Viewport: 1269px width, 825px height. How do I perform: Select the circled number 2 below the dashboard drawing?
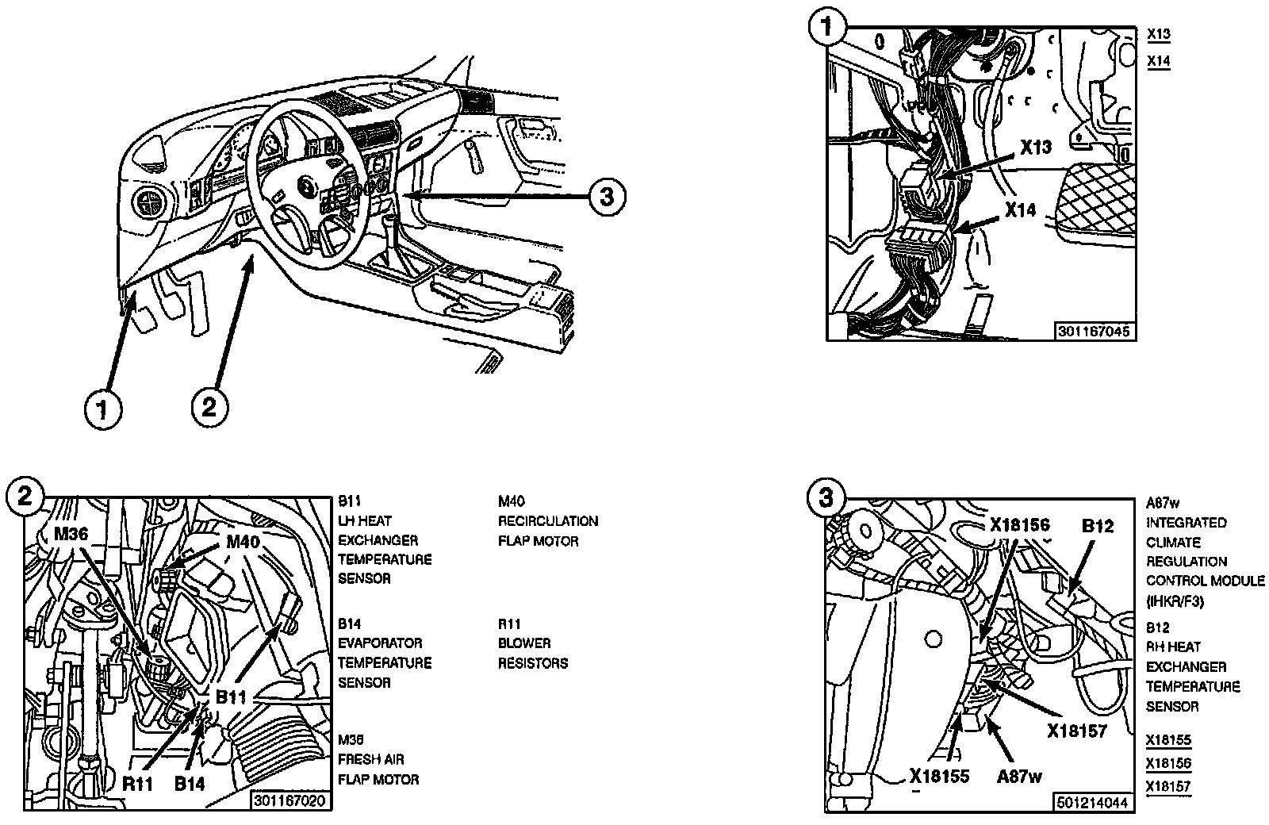pos(209,408)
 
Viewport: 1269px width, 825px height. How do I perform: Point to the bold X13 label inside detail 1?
pos(1035,148)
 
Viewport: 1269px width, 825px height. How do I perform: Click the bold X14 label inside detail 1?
pos(1021,210)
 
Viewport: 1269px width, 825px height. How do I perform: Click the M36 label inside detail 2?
pos(71,534)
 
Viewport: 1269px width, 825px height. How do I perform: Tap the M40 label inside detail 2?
pos(243,543)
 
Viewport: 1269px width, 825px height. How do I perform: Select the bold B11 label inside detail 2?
pos(232,698)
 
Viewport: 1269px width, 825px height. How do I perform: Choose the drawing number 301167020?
pos(289,800)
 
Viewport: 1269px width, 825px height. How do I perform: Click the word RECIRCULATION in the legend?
pos(548,521)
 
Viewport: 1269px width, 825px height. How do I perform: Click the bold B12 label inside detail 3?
pos(1098,526)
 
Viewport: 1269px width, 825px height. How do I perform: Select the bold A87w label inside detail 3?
pos(1019,777)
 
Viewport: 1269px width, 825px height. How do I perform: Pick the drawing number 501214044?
pos(1092,803)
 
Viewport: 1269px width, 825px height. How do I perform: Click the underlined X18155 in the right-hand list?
pos(1168,741)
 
